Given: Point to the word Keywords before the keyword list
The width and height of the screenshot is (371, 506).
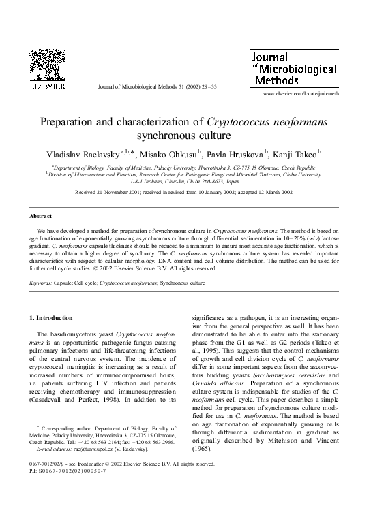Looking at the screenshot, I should click(x=42, y=281).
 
